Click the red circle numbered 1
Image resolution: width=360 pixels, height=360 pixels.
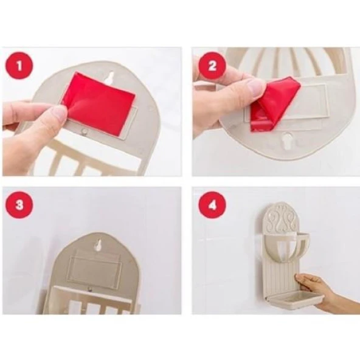click(x=19, y=66)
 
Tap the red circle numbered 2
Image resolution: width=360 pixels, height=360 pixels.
click(x=212, y=66)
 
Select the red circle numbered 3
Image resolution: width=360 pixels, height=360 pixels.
click(x=19, y=205)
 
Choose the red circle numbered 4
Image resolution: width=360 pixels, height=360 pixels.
click(x=212, y=205)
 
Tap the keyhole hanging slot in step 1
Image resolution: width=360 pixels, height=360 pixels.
click(x=110, y=78)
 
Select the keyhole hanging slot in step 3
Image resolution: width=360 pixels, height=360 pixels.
click(x=99, y=245)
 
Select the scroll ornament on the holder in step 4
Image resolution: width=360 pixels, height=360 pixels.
click(x=284, y=220)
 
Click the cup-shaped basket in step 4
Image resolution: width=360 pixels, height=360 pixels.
click(x=286, y=247)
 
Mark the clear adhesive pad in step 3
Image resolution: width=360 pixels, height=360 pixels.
click(x=95, y=269)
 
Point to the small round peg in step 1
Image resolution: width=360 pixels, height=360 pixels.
click(x=85, y=132)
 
